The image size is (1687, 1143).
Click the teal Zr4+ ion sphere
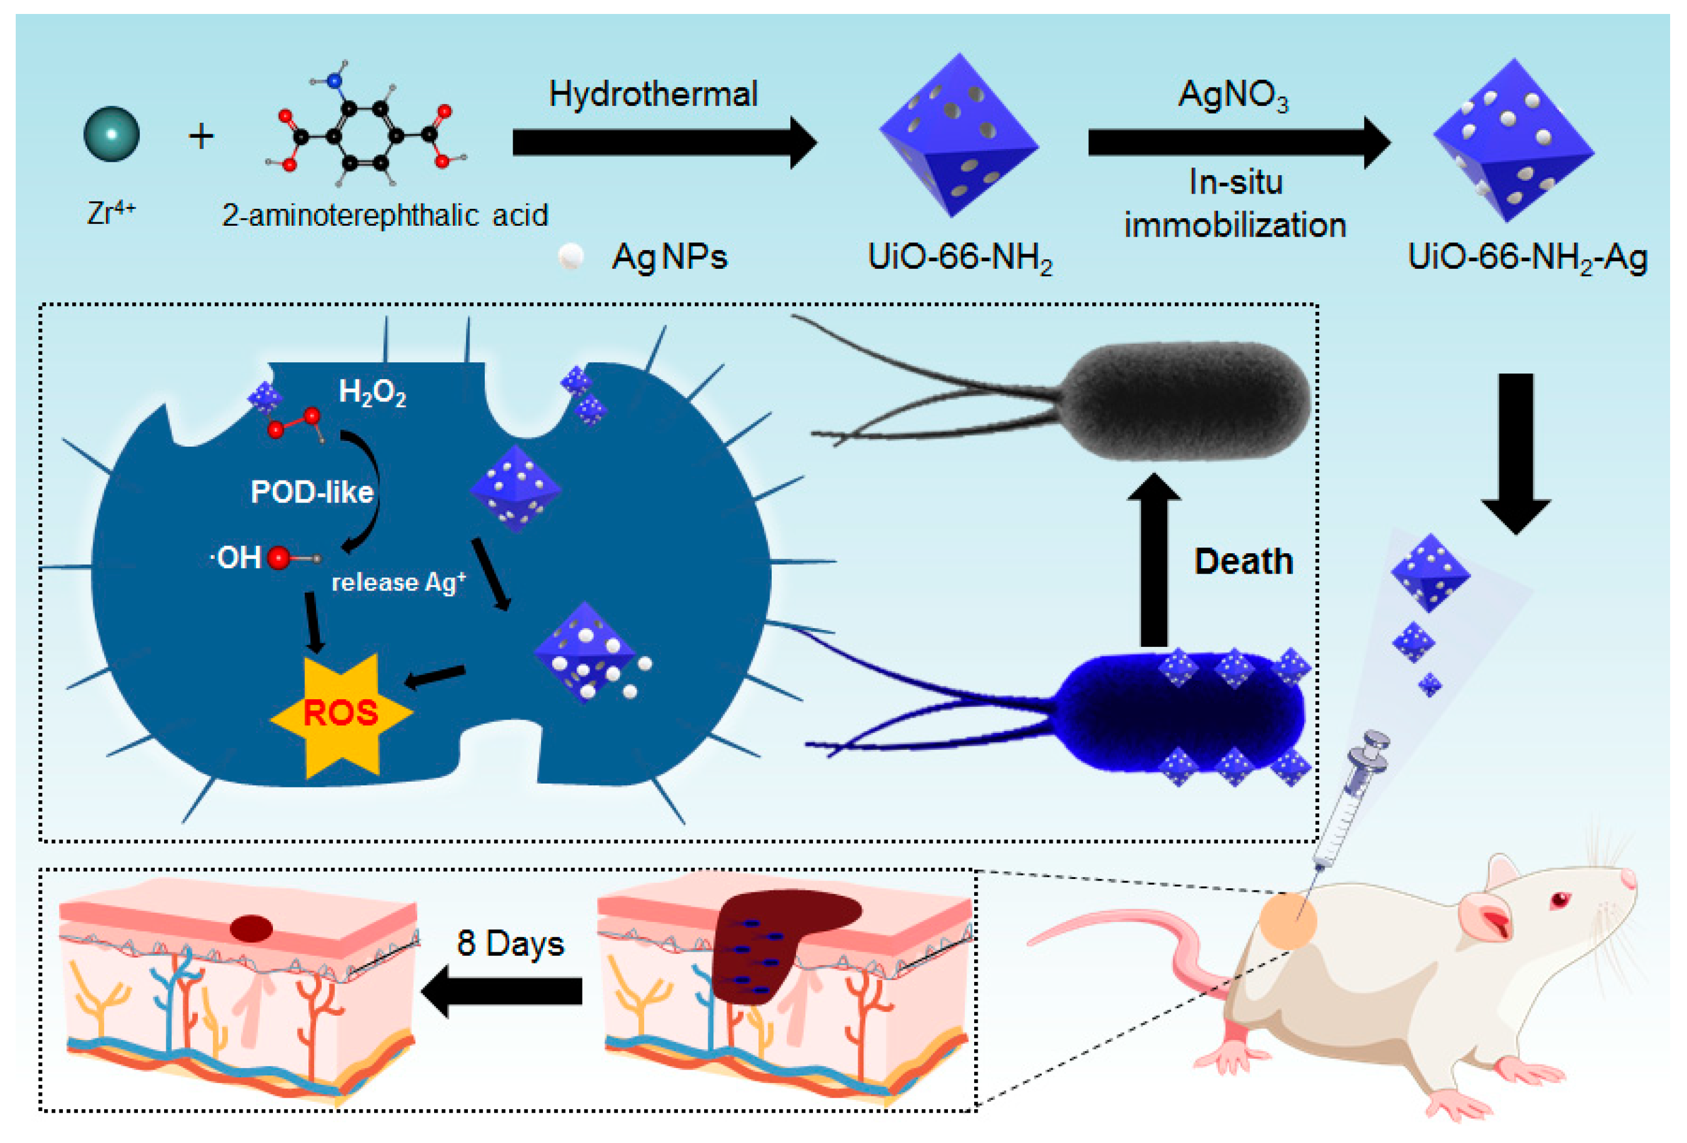point(111,134)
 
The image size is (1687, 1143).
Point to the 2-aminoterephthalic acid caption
point(384,216)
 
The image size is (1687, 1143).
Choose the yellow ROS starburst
point(341,714)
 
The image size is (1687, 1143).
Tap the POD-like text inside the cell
point(311,492)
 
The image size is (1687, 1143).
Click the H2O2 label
point(372,393)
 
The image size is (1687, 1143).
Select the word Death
point(1244,561)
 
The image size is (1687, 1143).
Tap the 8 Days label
point(510,943)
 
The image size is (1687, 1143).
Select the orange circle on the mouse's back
point(1287,921)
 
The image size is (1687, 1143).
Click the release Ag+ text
point(398,582)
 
